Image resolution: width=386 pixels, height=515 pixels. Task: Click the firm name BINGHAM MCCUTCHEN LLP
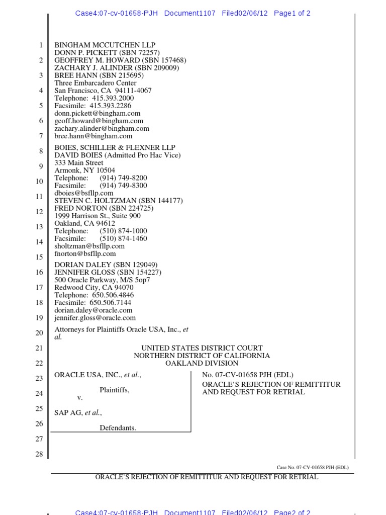pyautogui.click(x=105, y=45)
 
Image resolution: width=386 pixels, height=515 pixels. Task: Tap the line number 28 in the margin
pyautogui.click(x=39, y=454)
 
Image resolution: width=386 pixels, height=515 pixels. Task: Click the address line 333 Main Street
pyautogui.click(x=79, y=163)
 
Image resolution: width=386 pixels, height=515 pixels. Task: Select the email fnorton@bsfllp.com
pyautogui.click(x=85, y=254)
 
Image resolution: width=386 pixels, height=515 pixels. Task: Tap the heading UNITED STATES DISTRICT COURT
pyautogui.click(x=202, y=348)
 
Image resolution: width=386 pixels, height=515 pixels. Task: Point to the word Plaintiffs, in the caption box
pyautogui.click(x=114, y=390)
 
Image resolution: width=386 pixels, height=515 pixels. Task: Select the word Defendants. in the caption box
pyautogui.click(x=118, y=428)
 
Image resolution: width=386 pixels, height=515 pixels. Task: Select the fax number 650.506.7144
pyautogui.click(x=110, y=303)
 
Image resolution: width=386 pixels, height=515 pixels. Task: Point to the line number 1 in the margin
pyautogui.click(x=41, y=45)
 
